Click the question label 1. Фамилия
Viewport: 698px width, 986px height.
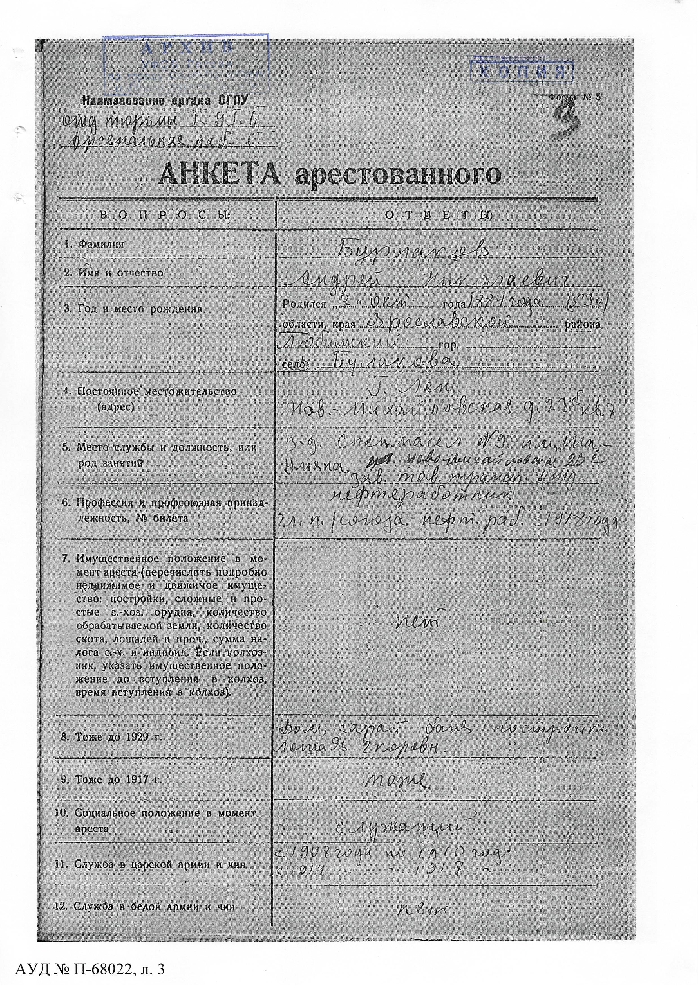[x=94, y=244]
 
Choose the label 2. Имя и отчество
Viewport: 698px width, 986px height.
[x=113, y=273]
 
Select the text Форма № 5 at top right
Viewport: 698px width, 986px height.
[x=576, y=97]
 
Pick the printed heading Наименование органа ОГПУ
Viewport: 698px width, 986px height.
[x=166, y=101]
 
